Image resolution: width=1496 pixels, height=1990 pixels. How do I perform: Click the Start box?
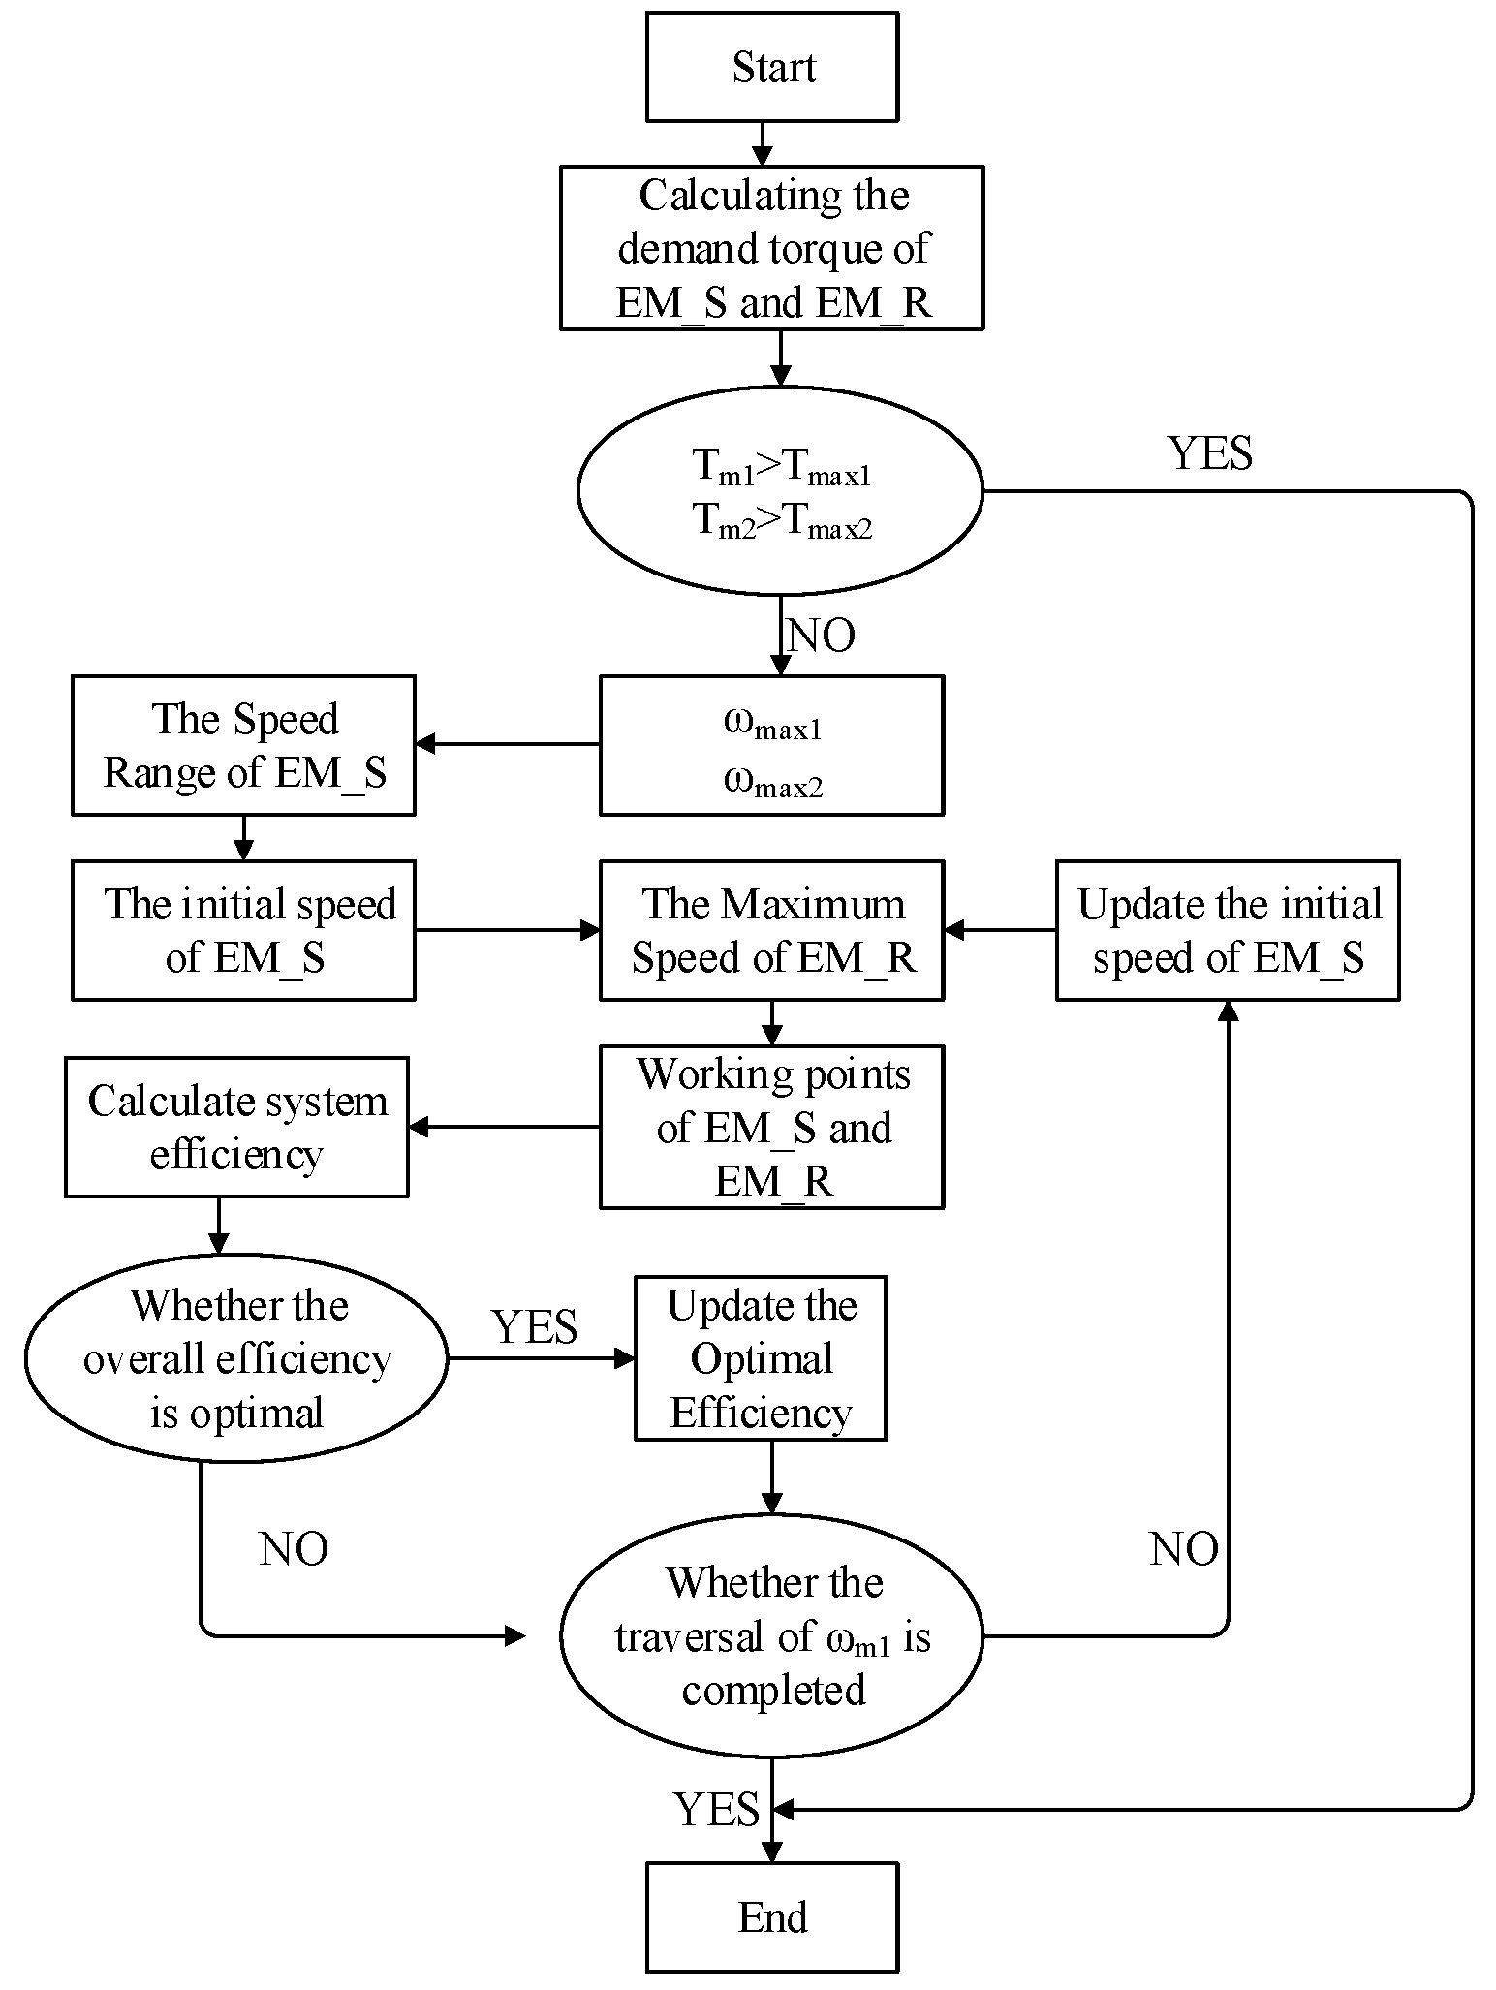(772, 67)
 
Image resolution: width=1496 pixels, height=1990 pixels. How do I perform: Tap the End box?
(772, 1917)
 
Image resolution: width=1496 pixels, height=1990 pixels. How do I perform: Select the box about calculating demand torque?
(772, 248)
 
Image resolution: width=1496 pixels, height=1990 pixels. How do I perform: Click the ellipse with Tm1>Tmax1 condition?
(780, 491)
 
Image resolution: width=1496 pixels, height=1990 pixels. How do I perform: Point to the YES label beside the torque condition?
(1210, 453)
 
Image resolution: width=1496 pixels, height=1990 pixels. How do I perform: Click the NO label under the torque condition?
(822, 637)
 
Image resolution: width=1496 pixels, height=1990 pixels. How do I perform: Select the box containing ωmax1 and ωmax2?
(772, 745)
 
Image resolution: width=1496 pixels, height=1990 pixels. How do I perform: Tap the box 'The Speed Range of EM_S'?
(243, 745)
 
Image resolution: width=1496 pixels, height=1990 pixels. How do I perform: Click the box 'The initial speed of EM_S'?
(243, 930)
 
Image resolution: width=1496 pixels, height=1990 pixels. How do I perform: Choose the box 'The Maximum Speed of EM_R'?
(772, 930)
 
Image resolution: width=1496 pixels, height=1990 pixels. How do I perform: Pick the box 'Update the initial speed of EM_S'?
(1228, 930)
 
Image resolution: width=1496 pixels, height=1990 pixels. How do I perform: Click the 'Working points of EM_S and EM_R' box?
(772, 1127)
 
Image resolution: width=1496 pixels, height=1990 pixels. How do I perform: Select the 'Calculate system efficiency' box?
(236, 1127)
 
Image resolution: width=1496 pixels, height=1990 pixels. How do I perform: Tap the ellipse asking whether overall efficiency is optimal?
(236, 1358)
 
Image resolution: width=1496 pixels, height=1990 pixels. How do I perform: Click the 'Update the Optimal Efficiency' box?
(761, 1358)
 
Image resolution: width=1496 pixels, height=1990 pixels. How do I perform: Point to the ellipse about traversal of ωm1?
(772, 1636)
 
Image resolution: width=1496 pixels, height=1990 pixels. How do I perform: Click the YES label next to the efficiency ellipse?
(535, 1326)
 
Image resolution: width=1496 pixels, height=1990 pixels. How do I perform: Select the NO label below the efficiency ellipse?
(294, 1549)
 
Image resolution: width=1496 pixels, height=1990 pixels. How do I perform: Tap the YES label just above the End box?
(717, 1809)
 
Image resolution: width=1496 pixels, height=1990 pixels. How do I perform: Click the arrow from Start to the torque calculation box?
(764, 143)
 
